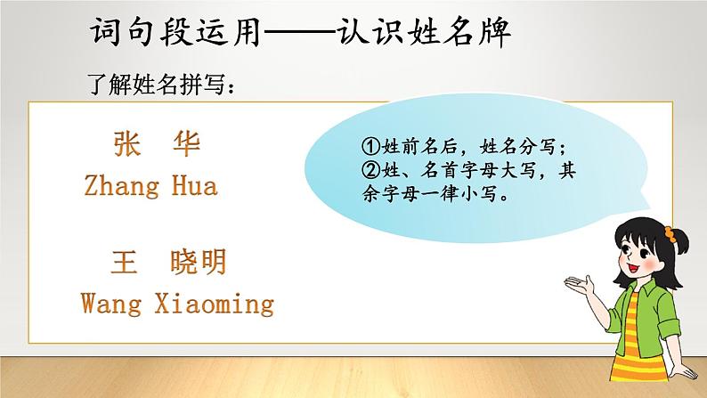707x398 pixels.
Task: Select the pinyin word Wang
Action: point(111,303)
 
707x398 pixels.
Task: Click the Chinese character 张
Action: point(128,146)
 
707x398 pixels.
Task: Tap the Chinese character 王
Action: point(124,263)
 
